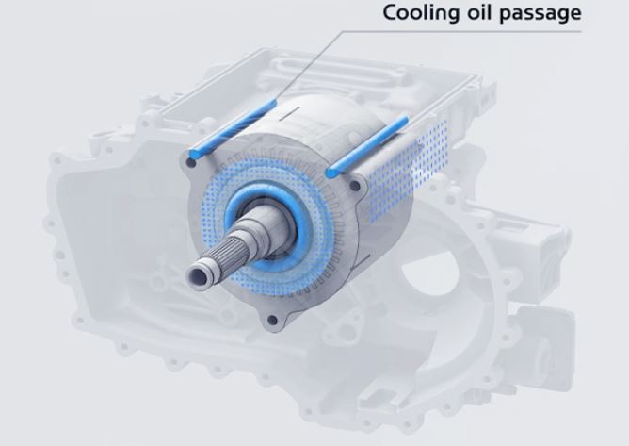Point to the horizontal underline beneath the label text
(x=463, y=31)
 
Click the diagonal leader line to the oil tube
(x=309, y=66)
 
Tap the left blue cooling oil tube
(x=233, y=128)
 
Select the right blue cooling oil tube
(x=367, y=147)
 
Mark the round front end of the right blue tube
(x=331, y=173)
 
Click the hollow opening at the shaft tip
(x=199, y=277)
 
